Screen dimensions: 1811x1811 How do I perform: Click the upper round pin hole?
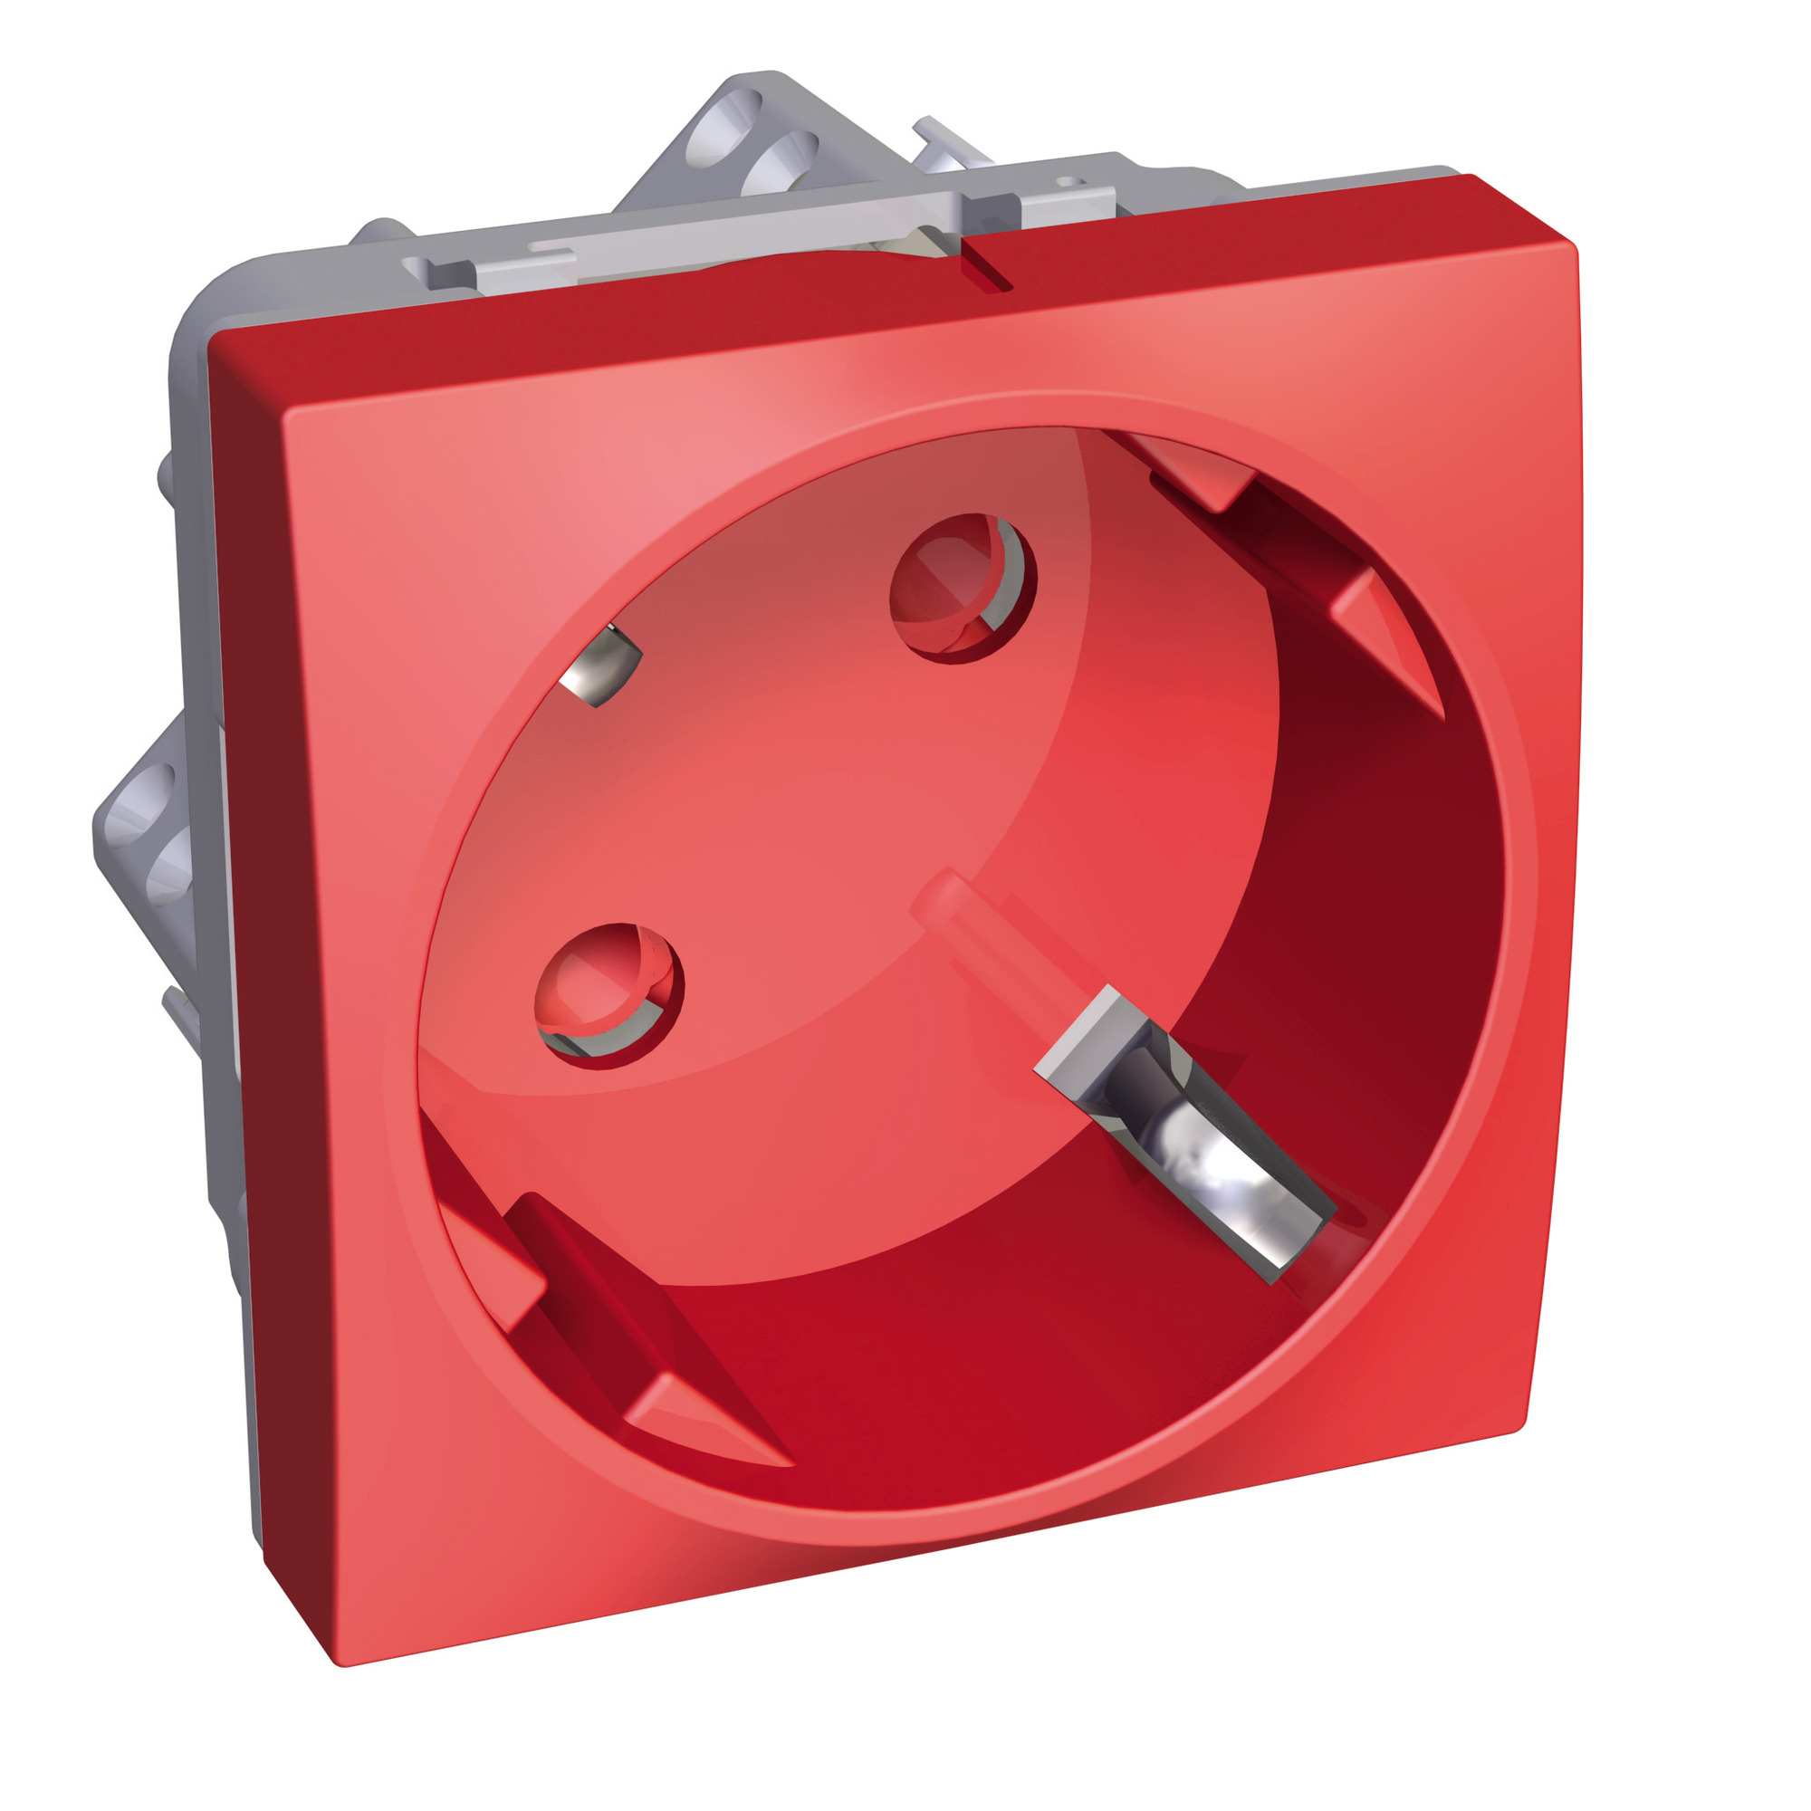[x=963, y=588]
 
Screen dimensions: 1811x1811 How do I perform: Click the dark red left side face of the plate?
[x=248, y=937]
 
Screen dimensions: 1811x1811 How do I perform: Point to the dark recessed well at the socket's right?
[x=1359, y=937]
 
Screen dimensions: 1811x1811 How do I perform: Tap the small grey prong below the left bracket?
[x=183, y=1012]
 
